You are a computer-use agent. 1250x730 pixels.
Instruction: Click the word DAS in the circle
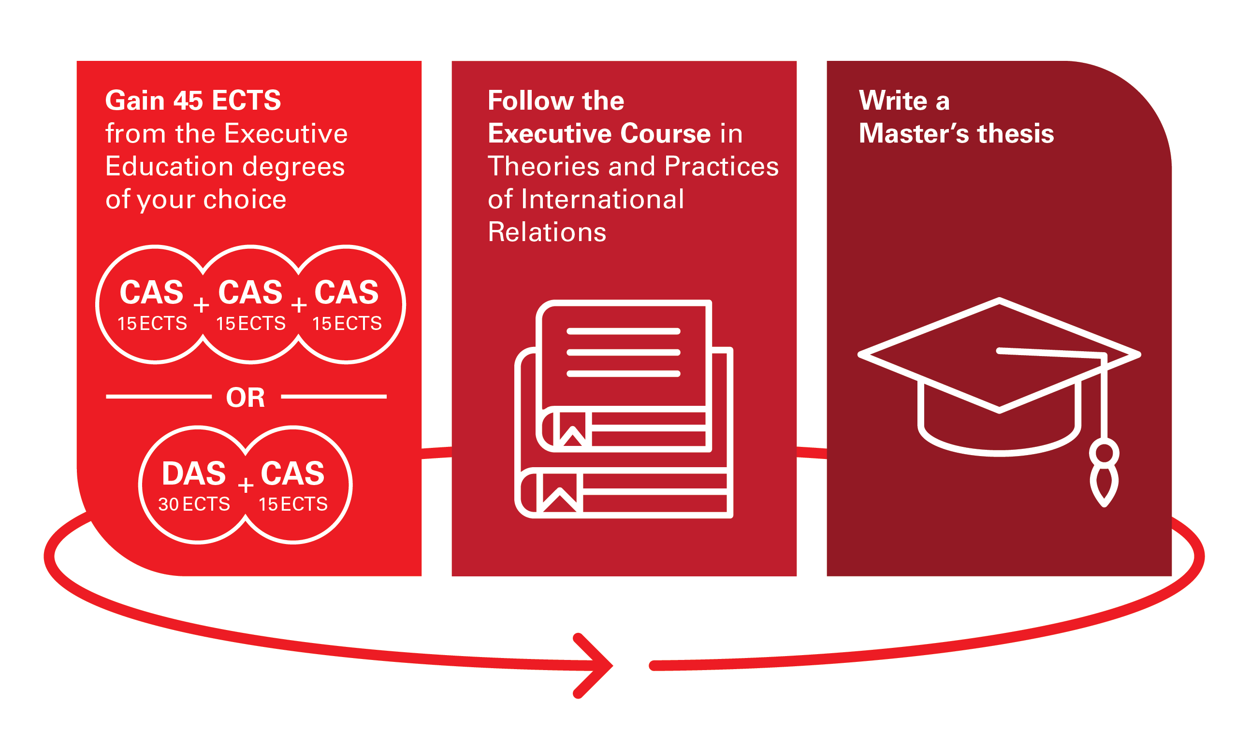point(194,473)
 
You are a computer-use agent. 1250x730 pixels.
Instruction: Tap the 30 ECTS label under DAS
point(194,504)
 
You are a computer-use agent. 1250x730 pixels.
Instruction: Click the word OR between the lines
point(246,398)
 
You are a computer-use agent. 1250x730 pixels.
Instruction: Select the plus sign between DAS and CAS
point(246,485)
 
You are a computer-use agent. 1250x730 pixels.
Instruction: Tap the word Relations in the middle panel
point(547,232)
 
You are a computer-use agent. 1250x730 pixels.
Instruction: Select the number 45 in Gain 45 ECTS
point(188,100)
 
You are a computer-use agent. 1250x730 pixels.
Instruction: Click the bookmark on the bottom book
point(560,492)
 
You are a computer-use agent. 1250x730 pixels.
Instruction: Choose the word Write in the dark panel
point(893,100)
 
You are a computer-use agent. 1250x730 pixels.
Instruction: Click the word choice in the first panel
point(245,200)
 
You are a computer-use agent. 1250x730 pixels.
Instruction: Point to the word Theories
point(543,166)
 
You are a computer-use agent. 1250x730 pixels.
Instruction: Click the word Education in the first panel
point(169,166)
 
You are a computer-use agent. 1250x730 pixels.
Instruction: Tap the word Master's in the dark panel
point(913,133)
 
